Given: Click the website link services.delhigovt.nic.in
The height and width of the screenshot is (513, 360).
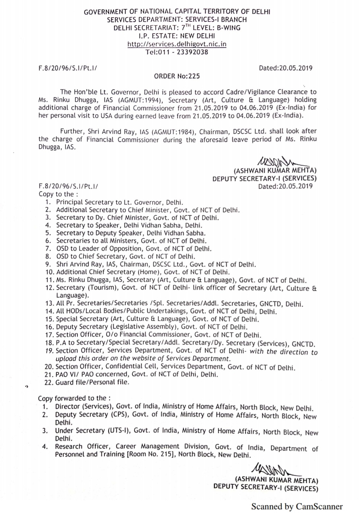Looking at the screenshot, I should tap(177, 44).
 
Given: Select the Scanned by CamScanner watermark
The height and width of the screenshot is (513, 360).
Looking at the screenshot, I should tap(297, 506).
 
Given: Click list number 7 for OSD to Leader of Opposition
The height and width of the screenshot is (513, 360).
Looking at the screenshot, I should tap(48, 249).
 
